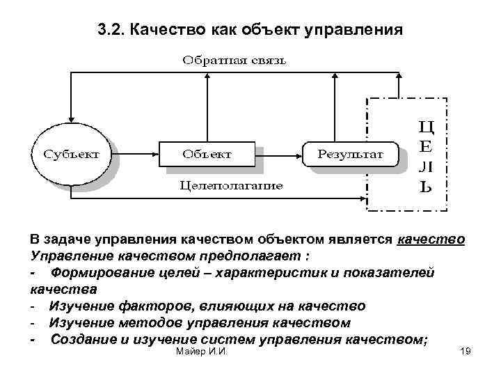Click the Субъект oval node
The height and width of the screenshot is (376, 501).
pyautogui.click(x=72, y=153)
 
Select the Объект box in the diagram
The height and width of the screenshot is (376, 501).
pyautogui.click(x=207, y=153)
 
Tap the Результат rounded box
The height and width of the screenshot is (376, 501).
pyautogui.click(x=350, y=153)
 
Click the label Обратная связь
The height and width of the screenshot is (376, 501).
pyautogui.click(x=234, y=60)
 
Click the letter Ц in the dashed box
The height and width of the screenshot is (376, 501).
pyautogui.click(x=426, y=127)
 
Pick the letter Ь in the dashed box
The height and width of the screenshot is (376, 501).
pyautogui.click(x=426, y=187)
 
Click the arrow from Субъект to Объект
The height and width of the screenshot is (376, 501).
pyautogui.click(x=136, y=153)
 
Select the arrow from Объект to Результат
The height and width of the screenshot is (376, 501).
pyautogui.click(x=278, y=153)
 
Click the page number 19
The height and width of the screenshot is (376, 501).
pyautogui.click(x=466, y=353)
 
